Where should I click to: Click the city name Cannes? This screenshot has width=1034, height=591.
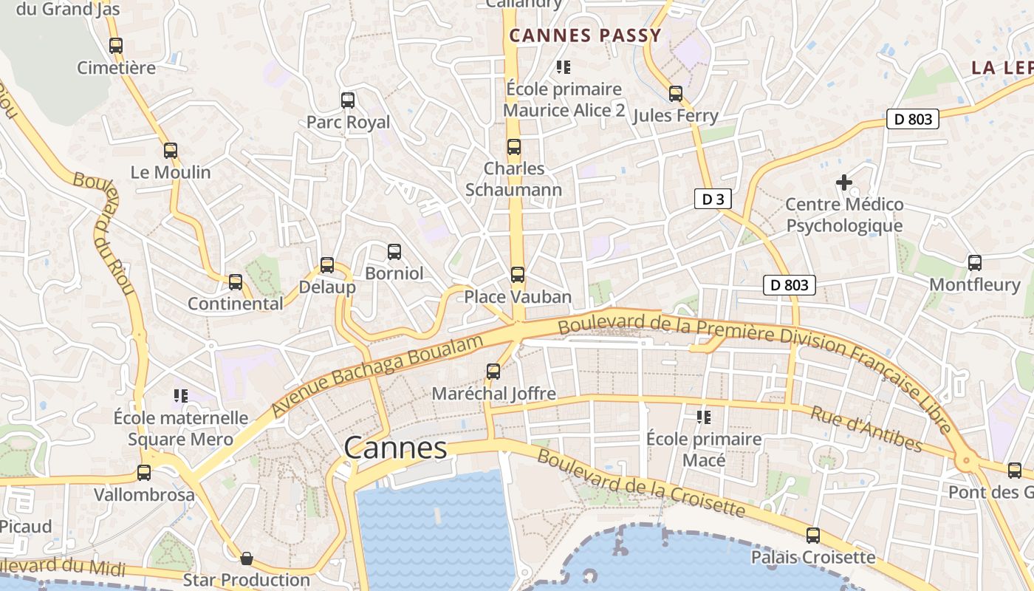(395, 448)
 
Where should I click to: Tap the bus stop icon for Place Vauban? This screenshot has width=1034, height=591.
(518, 275)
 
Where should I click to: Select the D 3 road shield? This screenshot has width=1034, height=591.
(708, 199)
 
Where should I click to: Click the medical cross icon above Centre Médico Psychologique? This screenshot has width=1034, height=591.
(843, 182)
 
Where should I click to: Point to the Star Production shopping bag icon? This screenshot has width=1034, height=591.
(247, 558)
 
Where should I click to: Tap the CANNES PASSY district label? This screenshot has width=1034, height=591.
(585, 35)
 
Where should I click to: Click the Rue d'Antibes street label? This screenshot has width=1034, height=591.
(866, 428)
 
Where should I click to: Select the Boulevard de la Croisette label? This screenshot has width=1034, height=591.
(641, 483)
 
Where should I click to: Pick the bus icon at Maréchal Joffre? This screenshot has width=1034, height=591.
(493, 372)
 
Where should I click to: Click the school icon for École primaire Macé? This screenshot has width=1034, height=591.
(704, 417)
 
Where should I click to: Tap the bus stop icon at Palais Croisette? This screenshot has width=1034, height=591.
(813, 536)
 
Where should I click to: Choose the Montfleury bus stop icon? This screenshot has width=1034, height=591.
(975, 263)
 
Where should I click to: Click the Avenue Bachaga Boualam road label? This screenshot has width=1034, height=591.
(377, 375)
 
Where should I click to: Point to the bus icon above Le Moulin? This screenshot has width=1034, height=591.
(171, 151)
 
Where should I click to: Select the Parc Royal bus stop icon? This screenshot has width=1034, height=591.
(348, 100)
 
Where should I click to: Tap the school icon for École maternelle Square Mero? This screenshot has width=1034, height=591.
(180, 396)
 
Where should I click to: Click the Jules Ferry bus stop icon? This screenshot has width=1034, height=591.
(676, 94)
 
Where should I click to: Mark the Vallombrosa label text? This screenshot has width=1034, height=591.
(144, 494)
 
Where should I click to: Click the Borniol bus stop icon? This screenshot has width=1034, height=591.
(394, 252)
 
